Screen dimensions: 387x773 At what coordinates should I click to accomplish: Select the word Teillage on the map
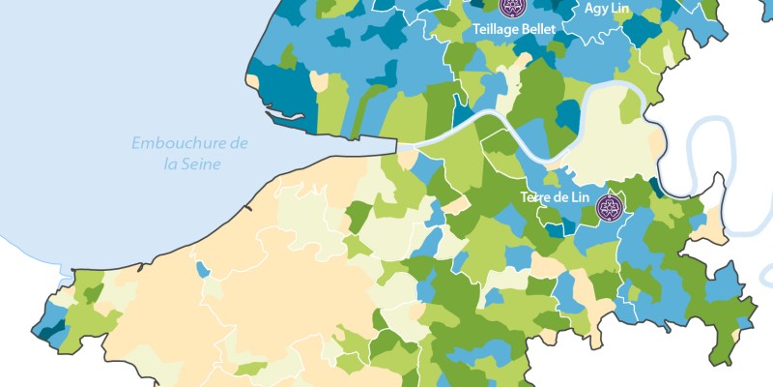(496, 30)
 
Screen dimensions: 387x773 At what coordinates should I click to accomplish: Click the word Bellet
(538, 30)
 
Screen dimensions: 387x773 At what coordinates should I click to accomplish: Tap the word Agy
(597, 8)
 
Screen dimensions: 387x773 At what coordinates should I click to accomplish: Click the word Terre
(536, 196)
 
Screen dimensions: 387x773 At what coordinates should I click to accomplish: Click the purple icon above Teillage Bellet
(512, 8)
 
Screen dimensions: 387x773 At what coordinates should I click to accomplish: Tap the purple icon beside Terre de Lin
(609, 205)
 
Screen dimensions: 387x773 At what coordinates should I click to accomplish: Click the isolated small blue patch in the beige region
(202, 268)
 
